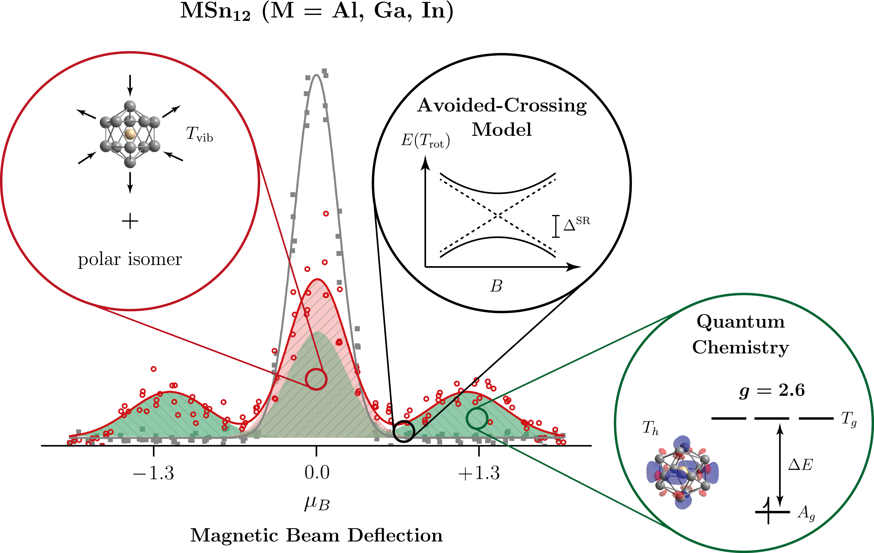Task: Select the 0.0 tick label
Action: coord(317,473)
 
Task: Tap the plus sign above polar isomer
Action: coord(130,221)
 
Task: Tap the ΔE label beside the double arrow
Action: coord(800,465)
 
